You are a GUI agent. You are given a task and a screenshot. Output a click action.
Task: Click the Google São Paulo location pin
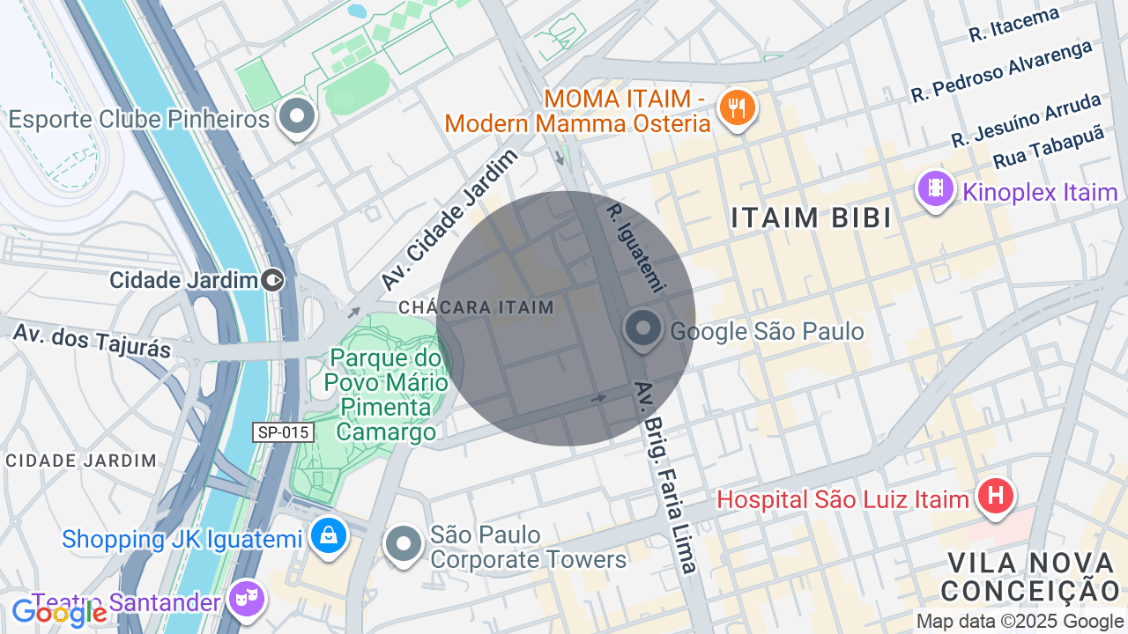[644, 328]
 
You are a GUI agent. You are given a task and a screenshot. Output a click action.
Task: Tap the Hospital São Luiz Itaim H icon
[995, 497]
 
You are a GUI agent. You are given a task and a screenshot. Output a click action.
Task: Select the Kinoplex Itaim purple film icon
[936, 188]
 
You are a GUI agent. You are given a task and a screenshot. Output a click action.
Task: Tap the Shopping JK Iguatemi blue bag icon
[329, 535]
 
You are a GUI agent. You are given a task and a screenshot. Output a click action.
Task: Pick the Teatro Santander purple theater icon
[247, 600]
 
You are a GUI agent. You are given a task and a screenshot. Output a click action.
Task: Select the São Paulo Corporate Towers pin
[404, 543]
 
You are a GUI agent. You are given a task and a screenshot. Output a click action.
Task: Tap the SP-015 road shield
[284, 432]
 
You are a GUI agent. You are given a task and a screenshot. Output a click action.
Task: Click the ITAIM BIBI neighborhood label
[812, 218]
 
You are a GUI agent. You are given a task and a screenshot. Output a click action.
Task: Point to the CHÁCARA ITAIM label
[476, 307]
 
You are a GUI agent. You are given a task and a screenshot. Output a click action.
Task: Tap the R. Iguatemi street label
[634, 247]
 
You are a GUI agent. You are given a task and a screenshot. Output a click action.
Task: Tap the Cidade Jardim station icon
[273, 280]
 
